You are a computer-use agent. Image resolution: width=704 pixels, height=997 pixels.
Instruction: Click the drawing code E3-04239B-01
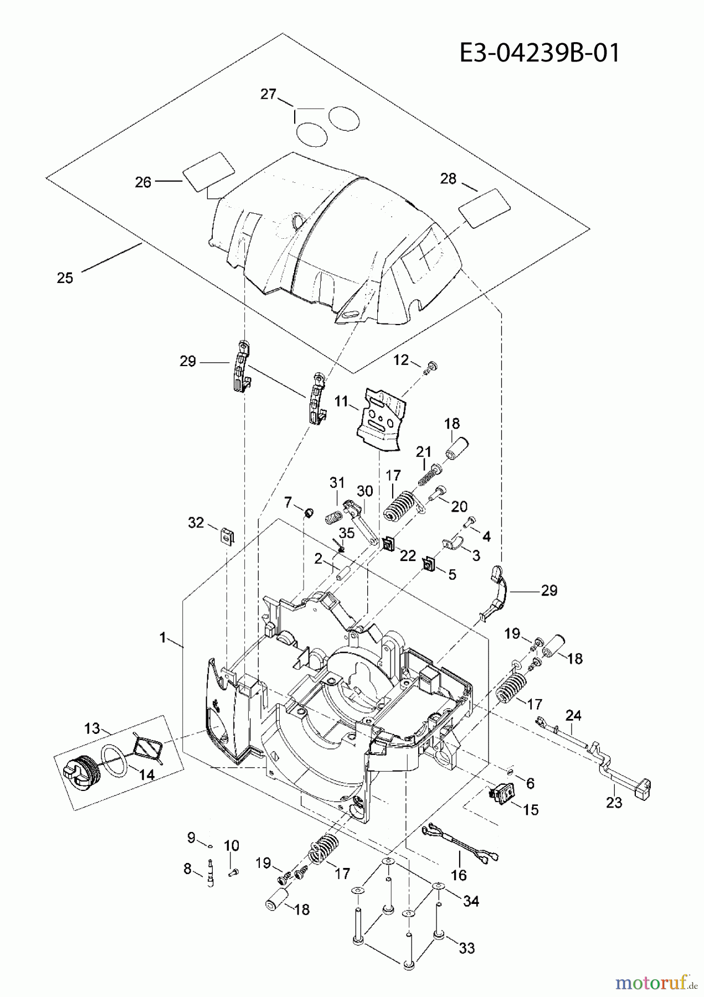[539, 54]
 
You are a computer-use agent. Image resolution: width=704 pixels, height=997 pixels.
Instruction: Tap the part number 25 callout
[65, 277]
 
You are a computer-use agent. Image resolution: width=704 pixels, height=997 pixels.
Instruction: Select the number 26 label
[143, 182]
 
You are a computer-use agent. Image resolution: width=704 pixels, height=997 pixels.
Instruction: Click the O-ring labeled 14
[114, 758]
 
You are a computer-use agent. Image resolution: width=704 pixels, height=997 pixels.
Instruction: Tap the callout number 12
[400, 360]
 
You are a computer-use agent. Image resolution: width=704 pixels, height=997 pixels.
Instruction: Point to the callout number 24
[573, 716]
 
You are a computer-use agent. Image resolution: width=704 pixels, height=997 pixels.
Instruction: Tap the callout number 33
[467, 948]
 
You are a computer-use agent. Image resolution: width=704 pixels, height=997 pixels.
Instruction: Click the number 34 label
[470, 901]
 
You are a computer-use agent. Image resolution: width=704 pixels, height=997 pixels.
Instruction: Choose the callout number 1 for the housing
[163, 638]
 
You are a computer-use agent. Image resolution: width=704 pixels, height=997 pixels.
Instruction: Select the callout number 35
[347, 533]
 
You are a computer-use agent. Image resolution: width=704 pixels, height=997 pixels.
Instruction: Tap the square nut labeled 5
[428, 564]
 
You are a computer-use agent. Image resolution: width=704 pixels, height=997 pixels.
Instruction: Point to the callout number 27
[268, 94]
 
